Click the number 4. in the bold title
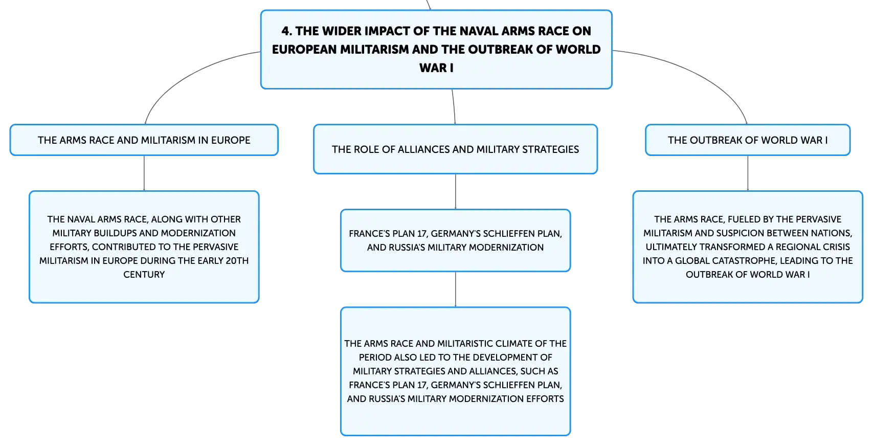click(286, 31)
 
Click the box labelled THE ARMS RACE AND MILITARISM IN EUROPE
click(144, 140)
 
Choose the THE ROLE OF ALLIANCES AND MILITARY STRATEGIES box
click(455, 149)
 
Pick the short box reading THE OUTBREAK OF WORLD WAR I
click(748, 140)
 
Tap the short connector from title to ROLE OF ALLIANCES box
click(454, 106)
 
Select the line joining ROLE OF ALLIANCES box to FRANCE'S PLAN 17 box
click(455, 191)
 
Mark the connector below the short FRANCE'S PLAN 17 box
click(455, 289)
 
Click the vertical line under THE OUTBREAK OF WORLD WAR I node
click(748, 173)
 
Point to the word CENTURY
click(144, 275)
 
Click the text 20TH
click(237, 261)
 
